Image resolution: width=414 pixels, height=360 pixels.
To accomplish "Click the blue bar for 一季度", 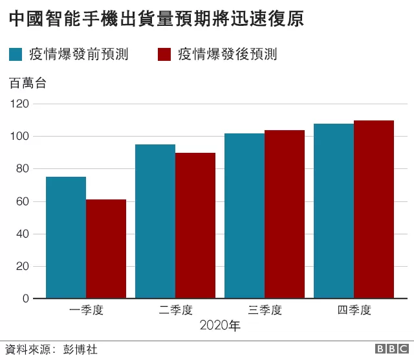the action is (66, 238).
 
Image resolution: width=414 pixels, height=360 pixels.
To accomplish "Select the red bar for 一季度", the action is (106, 249).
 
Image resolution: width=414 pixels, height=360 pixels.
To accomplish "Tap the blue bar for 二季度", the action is (155, 221).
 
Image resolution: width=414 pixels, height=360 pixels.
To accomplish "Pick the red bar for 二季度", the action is (195, 226).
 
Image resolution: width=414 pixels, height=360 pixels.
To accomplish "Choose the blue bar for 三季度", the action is (245, 216).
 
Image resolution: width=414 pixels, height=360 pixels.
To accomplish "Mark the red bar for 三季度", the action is (285, 214).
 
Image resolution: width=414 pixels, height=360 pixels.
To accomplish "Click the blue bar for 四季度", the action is (334, 211).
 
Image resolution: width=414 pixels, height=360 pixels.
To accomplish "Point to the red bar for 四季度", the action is (374, 210).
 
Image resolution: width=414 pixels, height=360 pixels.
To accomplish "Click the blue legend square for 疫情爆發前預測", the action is (16, 54).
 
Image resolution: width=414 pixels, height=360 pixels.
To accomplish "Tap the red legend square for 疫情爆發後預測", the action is (164, 54).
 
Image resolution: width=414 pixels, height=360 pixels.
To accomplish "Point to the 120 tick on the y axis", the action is (19, 104).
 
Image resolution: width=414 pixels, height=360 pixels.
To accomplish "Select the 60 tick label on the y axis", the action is (23, 201).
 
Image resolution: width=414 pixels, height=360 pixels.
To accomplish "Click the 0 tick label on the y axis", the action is (26, 298).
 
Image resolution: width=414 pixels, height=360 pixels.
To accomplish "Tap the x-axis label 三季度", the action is (265, 310).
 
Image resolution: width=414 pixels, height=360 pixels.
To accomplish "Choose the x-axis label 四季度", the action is (354, 310).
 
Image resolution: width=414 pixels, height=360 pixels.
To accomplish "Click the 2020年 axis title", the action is (220, 326).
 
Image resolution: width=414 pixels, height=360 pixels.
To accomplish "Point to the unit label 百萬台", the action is (28, 84).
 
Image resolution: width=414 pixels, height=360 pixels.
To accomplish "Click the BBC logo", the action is (392, 348).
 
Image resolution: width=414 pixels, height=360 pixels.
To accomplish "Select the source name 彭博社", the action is (80, 350).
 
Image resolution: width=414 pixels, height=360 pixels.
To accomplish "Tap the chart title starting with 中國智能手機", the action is (157, 19).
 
